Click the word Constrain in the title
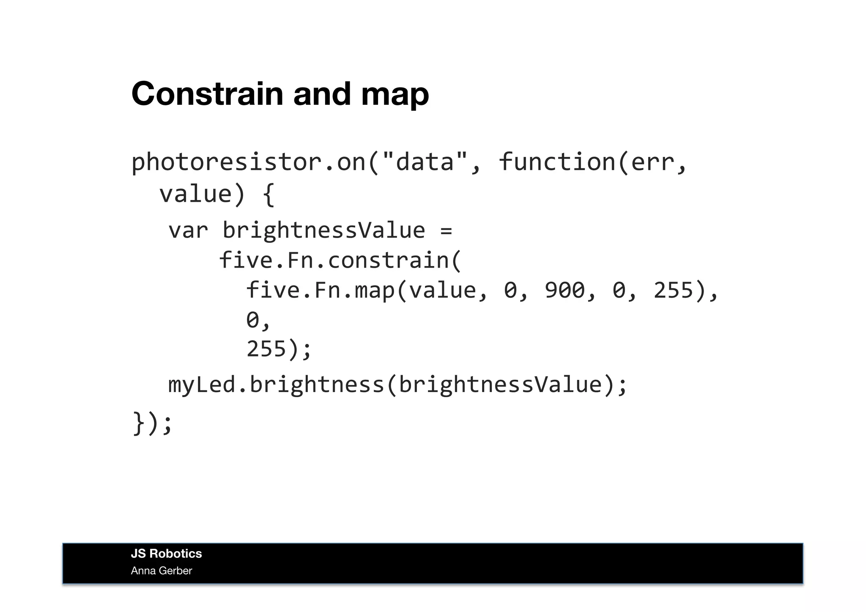click(x=207, y=94)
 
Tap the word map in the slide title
click(x=395, y=95)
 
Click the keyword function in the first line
click(x=557, y=162)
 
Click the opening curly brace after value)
click(x=269, y=195)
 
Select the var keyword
click(x=188, y=231)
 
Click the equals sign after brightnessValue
click(x=446, y=231)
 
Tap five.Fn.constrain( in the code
click(x=340, y=261)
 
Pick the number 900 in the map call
click(x=565, y=291)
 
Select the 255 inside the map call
click(x=674, y=291)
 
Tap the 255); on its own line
click(x=279, y=349)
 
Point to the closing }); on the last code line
click(x=152, y=423)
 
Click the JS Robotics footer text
click(x=166, y=554)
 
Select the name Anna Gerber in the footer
click(x=161, y=571)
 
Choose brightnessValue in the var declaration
click(x=323, y=231)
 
